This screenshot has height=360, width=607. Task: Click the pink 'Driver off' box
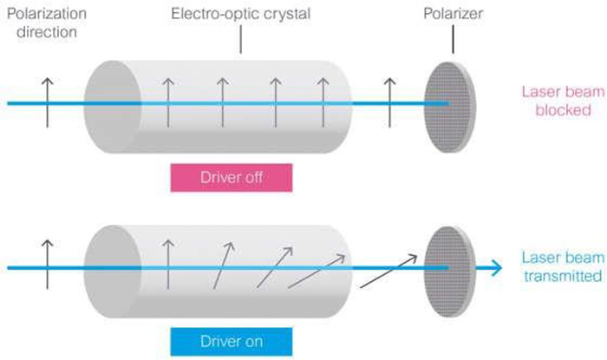pos(231,179)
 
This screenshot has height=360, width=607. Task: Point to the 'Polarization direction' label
pos(47,24)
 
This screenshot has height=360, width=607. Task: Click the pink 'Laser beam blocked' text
pos(557,101)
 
